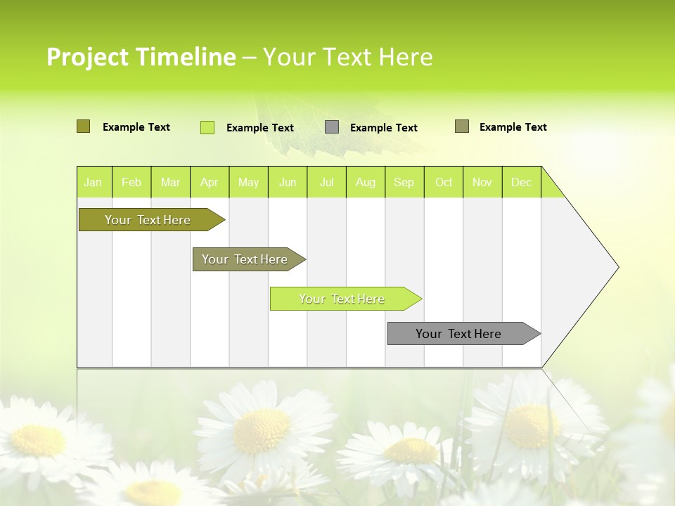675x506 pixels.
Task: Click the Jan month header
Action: coord(93,182)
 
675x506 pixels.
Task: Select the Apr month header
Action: coord(209,182)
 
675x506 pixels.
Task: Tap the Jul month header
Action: coord(326,182)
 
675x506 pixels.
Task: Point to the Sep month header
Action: coord(404,182)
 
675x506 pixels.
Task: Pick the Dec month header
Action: coord(521,182)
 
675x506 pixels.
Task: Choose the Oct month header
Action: coord(444,182)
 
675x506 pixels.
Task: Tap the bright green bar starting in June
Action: coord(342,299)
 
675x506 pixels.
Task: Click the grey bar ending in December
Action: coord(458,334)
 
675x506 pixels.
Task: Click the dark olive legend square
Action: coord(83,126)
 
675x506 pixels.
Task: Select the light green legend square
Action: coord(207,127)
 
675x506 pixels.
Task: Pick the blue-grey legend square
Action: coord(332,127)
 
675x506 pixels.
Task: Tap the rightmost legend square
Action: coord(461,126)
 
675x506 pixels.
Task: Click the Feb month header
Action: coord(131,182)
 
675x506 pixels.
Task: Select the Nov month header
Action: coord(482,182)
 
